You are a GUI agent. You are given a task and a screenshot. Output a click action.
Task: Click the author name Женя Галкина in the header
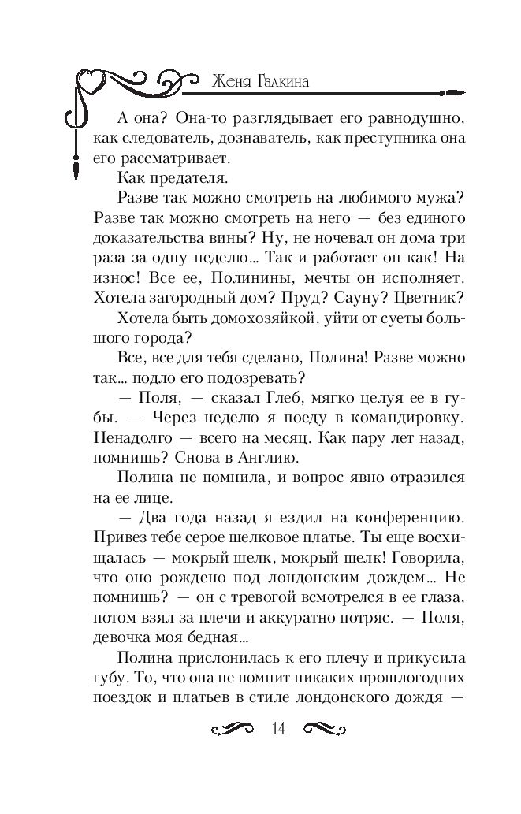pos(260,81)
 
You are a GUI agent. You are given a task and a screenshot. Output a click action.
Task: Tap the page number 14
pos(277,728)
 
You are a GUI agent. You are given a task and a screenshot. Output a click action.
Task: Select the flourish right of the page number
pos(320,729)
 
